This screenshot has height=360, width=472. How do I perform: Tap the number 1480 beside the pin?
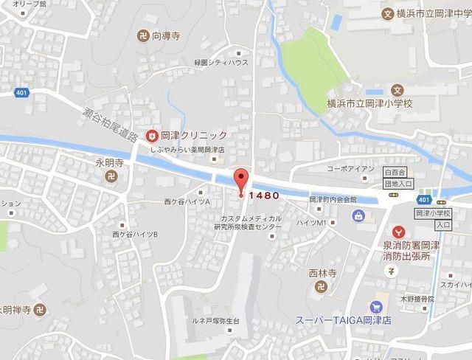pos(263,195)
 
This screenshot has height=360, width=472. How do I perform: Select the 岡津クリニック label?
pos(194,135)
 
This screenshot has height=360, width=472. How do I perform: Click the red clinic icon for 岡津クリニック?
pos(151,135)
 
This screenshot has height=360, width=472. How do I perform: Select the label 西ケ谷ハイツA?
pos(187,201)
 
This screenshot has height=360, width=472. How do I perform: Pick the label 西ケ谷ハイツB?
pos(135,234)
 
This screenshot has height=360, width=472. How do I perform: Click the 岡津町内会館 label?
pos(333,199)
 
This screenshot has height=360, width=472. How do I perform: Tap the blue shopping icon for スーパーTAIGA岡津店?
pos(378,305)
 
